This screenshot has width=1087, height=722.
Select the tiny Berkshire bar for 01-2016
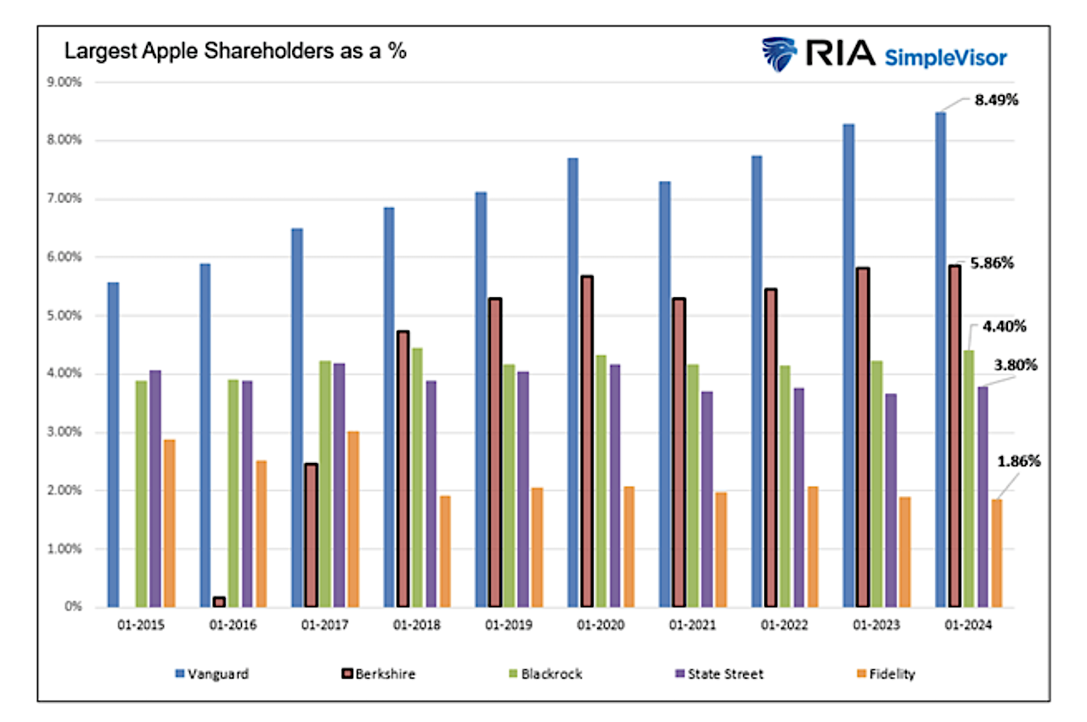[219, 601]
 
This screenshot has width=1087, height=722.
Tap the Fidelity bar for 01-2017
[352, 519]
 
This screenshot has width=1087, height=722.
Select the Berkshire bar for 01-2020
[587, 442]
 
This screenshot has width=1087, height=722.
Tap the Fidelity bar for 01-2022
[813, 547]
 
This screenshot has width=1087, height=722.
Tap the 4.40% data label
[1003, 326]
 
